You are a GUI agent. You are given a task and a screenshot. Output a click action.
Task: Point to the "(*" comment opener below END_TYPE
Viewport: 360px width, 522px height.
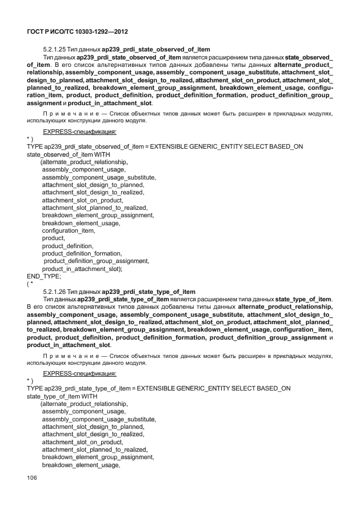(x=30, y=283)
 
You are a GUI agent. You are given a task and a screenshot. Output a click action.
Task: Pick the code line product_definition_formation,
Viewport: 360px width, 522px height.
(x=82, y=253)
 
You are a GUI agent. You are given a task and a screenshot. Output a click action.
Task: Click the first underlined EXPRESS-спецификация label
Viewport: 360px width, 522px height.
(x=80, y=132)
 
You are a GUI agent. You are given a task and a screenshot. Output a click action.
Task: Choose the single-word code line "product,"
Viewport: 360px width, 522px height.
(x=54, y=238)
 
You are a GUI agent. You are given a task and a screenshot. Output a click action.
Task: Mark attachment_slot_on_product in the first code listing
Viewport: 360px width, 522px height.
(x=83, y=200)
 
